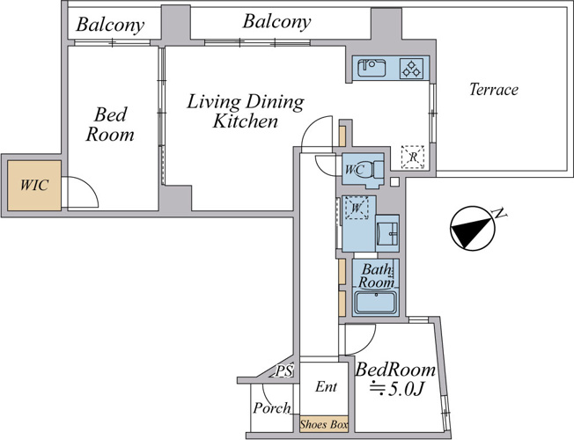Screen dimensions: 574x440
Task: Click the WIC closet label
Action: (x=34, y=185)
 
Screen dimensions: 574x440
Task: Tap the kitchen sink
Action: (x=372, y=68)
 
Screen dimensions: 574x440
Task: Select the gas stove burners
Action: (x=411, y=69)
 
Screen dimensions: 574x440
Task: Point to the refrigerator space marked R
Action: (x=413, y=157)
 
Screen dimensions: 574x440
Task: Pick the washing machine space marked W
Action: (x=357, y=208)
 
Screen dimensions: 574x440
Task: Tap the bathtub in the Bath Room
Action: (x=376, y=303)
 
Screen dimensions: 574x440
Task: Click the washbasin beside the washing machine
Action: (x=387, y=233)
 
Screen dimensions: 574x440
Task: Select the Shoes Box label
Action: (x=324, y=424)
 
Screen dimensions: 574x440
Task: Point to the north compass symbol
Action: (x=472, y=228)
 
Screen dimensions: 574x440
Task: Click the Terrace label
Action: (x=494, y=90)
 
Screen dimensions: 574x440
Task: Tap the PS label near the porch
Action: (x=284, y=371)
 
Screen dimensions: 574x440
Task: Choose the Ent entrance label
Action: (x=326, y=386)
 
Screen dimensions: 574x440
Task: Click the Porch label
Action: (x=272, y=407)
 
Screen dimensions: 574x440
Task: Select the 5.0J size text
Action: (x=397, y=390)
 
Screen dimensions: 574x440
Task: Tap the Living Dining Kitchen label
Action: (x=246, y=111)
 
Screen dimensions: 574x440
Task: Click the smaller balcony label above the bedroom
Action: (x=110, y=25)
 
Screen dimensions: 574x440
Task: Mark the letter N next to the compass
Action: (x=499, y=213)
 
